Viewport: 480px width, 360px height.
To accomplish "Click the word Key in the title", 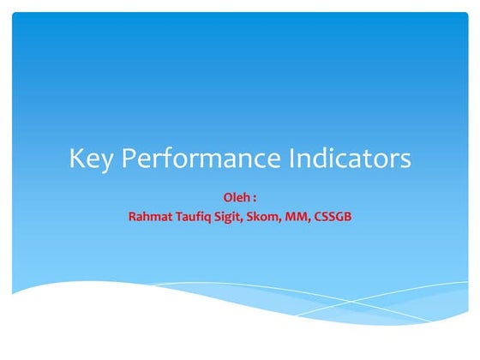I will tap(89, 159).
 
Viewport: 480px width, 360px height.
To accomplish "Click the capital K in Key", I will tap(76, 159).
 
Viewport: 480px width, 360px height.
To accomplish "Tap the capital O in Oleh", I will tap(226, 198).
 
